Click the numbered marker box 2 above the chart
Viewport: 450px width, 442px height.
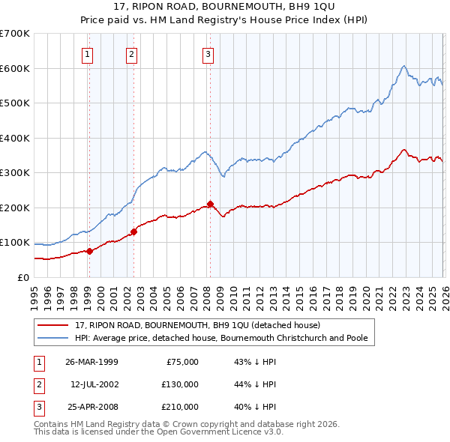(x=132, y=53)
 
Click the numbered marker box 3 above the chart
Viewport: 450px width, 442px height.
(x=208, y=53)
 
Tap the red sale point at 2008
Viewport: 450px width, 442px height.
(x=210, y=204)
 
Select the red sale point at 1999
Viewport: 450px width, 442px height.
(x=89, y=251)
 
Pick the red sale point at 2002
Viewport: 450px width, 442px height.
(x=133, y=231)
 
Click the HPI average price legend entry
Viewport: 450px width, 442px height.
(x=221, y=338)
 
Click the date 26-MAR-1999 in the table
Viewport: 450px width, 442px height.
(x=91, y=362)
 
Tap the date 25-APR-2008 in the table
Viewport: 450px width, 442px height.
(x=91, y=407)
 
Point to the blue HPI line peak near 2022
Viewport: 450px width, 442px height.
(x=403, y=66)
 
